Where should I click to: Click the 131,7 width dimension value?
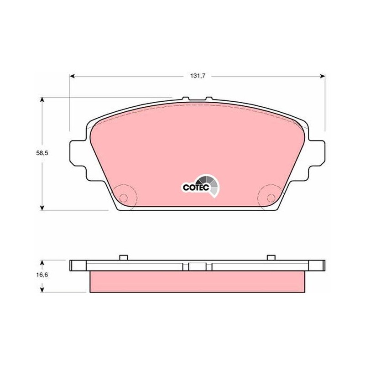(198, 76)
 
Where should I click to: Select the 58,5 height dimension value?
(42, 153)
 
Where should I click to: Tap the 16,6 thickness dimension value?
(42, 275)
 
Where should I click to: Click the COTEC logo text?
(196, 188)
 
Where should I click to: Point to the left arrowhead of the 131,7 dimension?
(72, 76)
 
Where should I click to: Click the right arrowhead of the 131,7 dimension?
(323, 76)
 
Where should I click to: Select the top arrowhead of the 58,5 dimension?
(42, 99)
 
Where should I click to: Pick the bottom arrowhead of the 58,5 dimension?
(42, 208)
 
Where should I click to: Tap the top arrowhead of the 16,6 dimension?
(42, 263)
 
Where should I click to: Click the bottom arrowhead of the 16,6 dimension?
(42, 290)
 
